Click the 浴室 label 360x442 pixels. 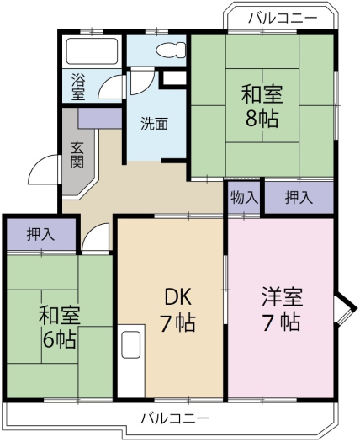point(77,88)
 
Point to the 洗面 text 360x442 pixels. point(154,123)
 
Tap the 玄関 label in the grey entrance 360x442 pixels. point(77,155)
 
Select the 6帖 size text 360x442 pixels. point(59,340)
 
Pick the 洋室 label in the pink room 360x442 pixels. point(280,297)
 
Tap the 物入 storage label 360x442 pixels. point(245,198)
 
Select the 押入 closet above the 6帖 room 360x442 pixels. point(41,234)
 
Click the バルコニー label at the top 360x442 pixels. point(283,17)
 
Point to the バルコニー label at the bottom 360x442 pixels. point(175,418)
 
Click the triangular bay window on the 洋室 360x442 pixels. point(342,309)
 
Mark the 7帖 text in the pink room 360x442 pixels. point(280,322)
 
